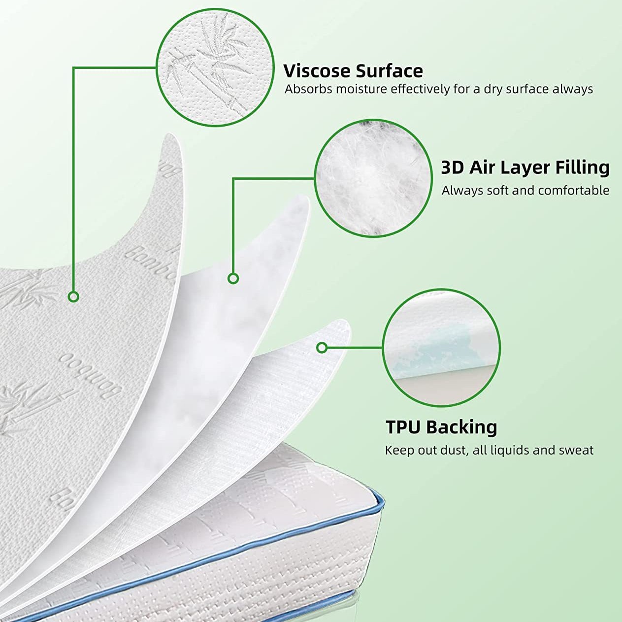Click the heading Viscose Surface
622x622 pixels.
(x=353, y=71)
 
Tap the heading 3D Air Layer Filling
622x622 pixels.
(x=525, y=167)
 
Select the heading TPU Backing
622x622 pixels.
(x=441, y=426)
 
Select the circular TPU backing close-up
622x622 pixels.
(x=441, y=348)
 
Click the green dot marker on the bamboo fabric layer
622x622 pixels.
(x=73, y=296)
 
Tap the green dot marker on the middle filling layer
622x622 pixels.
(x=233, y=278)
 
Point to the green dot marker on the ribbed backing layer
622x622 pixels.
(x=322, y=348)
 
